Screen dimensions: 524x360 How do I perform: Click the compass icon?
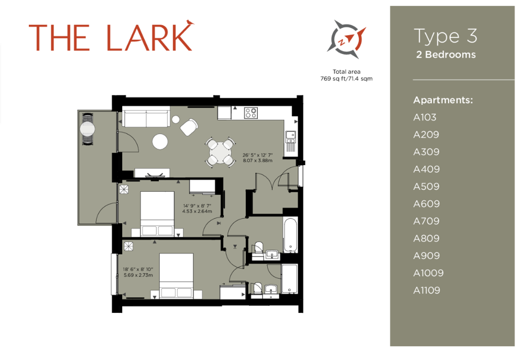click(x=346, y=39)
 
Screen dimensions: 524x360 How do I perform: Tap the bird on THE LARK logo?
click(x=190, y=23)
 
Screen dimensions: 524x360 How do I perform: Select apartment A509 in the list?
click(x=426, y=187)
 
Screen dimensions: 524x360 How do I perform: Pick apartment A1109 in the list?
click(x=427, y=290)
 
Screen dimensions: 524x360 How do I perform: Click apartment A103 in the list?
click(x=425, y=117)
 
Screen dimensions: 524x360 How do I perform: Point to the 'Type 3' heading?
click(x=445, y=36)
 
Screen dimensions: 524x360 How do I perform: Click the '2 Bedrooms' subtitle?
click(x=446, y=55)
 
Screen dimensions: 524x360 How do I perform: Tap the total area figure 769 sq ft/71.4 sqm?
click(x=346, y=79)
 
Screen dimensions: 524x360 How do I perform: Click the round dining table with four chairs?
click(x=220, y=152)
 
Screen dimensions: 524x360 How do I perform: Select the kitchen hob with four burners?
click(x=250, y=113)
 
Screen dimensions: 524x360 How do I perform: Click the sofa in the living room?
click(x=146, y=117)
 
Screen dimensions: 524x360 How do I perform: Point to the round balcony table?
click(x=88, y=129)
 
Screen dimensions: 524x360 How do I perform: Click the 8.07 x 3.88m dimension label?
click(x=258, y=160)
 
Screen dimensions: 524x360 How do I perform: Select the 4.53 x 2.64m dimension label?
click(x=197, y=211)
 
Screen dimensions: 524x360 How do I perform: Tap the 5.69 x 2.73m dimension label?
click(x=138, y=275)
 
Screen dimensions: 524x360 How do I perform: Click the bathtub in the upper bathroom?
click(x=290, y=235)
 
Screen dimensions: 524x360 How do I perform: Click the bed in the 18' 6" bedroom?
click(x=176, y=276)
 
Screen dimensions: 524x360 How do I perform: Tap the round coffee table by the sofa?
click(x=160, y=141)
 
